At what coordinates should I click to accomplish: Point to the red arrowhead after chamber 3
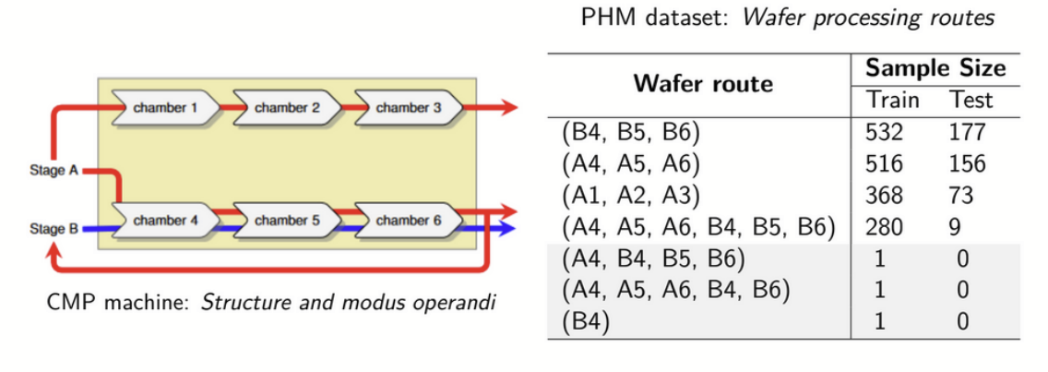coord(509,108)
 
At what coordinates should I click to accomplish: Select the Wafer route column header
coord(702,84)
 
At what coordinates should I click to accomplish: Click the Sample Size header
coord(935,68)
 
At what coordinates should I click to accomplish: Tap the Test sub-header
coord(970,100)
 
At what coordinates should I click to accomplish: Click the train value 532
coord(885,132)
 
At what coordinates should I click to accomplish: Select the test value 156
coord(967,163)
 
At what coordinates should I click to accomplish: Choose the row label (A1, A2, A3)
coord(631,195)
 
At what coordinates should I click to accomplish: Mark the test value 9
coord(955,226)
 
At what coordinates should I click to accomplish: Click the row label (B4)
coord(585,322)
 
